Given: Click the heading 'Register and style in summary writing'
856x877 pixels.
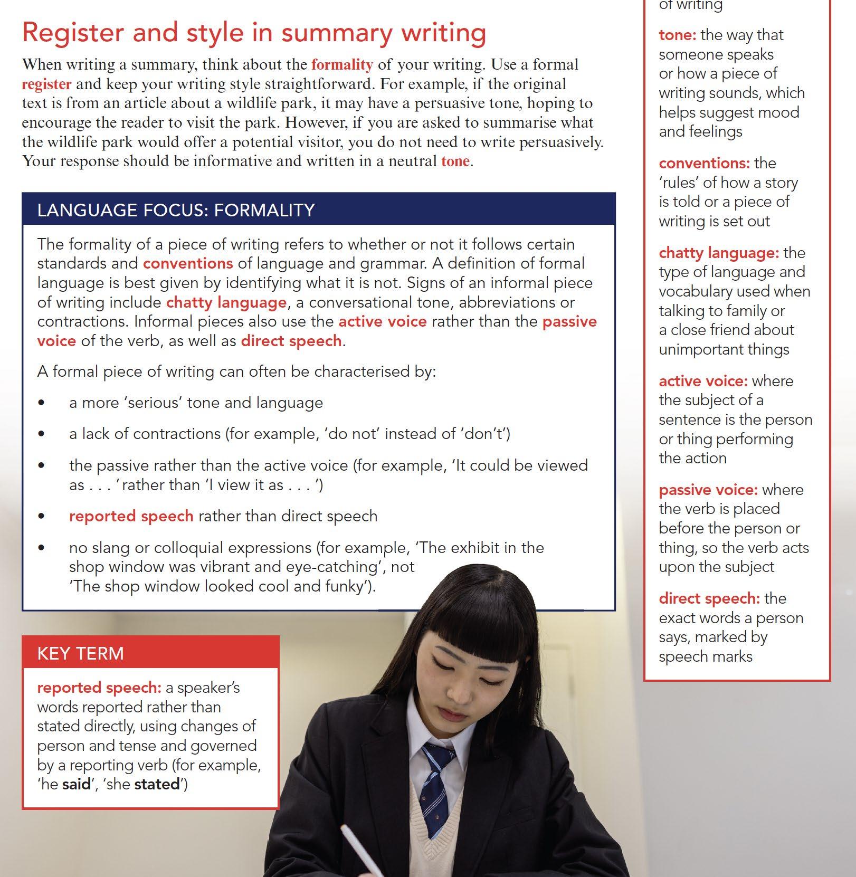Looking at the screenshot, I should (x=254, y=33).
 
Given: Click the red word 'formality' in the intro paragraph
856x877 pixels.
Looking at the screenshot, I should (x=342, y=65).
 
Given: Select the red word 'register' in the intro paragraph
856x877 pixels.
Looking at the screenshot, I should (x=46, y=84).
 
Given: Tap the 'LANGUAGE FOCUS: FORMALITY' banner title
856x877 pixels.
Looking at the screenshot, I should (x=176, y=210).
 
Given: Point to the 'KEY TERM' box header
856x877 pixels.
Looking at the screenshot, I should (x=80, y=653).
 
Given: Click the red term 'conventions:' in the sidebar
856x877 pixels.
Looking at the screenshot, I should (x=704, y=163).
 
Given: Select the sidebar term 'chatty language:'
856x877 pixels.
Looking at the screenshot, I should (x=718, y=253).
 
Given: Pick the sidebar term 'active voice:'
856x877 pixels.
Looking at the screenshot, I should (x=703, y=381).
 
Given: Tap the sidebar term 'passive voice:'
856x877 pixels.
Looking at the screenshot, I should (x=708, y=490).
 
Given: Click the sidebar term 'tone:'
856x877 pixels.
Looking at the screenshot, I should (x=677, y=35).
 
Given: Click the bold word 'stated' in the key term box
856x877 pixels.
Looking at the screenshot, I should (x=157, y=784).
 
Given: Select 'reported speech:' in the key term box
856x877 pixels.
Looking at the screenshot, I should (x=99, y=688).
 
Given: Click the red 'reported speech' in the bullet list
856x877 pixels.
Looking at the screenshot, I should (x=131, y=516).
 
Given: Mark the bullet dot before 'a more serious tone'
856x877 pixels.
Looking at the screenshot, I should (x=42, y=403).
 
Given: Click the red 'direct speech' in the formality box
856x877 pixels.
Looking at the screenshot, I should (x=291, y=341).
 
